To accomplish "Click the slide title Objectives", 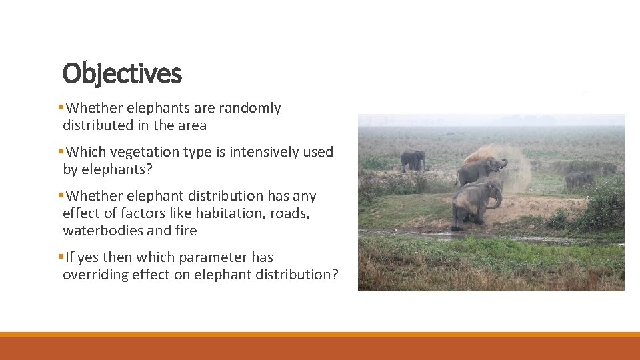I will pos(122,73).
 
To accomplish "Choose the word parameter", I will pos(208,257).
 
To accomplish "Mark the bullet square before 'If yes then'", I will pos(61,257).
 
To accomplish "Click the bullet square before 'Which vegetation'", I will pos(61,151).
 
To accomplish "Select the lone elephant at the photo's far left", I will pos(413,161).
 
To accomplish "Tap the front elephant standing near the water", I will pos(472,204).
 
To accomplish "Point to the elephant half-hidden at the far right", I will pos(579,180).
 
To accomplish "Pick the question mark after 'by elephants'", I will pos(149,169).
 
